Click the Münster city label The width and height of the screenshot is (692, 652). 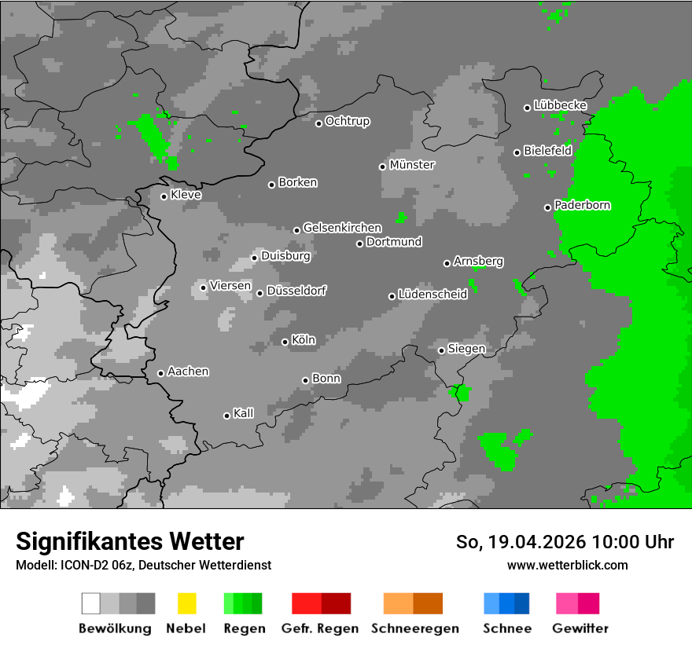(412, 165)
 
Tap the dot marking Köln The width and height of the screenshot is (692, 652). (285, 342)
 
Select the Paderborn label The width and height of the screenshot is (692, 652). (582, 205)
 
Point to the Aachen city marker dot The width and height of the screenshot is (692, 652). (160, 373)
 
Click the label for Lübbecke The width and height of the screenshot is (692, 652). (560, 105)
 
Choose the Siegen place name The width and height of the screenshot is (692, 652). (466, 349)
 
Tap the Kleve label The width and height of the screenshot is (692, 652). (186, 195)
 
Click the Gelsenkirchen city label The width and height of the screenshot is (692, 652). (342, 228)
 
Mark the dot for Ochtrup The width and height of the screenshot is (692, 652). (318, 123)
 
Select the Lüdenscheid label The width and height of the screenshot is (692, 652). (432, 295)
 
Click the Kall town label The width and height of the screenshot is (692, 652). (244, 413)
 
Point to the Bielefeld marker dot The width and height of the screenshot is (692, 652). (517, 152)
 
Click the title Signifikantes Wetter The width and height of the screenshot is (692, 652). (130, 542)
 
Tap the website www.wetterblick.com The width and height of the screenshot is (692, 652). (567, 565)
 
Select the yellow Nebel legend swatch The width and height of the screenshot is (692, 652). (186, 603)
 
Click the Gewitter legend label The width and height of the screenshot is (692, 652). (580, 628)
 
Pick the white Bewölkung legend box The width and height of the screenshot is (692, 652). (91, 603)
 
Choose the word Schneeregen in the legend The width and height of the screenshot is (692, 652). (415, 628)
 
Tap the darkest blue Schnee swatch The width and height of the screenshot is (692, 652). (521, 603)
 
